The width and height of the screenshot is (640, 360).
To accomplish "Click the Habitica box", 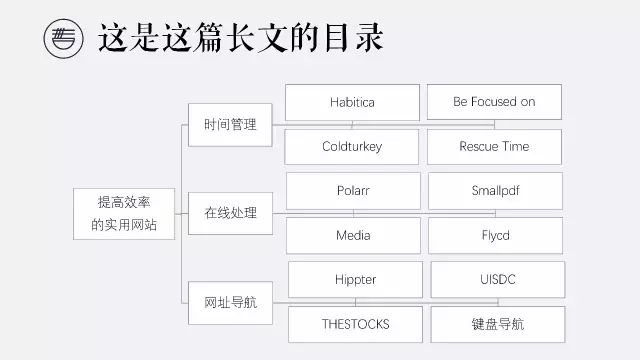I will (352, 102).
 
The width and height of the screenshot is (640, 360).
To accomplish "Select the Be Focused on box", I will (494, 102).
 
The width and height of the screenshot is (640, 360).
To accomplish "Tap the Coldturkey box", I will (352, 147).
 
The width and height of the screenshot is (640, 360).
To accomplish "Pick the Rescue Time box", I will (494, 147).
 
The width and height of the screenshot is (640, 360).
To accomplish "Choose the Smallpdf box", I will (495, 190).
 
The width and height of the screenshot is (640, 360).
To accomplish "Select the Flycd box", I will (495, 235).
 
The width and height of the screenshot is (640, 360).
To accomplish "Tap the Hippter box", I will (356, 279).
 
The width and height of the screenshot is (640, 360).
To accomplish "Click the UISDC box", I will (497, 279).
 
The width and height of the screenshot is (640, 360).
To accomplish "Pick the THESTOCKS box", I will (356, 324).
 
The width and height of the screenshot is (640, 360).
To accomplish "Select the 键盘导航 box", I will (497, 324).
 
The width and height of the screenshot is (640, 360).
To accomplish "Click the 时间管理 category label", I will (230, 125).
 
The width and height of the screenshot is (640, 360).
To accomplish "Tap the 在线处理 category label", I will (230, 213).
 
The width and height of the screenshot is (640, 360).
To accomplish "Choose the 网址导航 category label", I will (230, 301).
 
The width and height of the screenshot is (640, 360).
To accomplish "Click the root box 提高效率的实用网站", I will (118, 213).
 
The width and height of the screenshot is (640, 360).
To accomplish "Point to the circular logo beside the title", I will (64, 39).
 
